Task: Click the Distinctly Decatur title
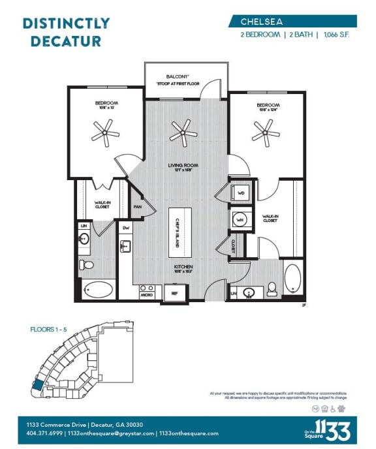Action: (65, 32)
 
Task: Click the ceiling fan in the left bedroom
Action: (106, 133)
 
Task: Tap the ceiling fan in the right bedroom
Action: (266, 133)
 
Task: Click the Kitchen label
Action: (183, 268)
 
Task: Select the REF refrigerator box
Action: (174, 293)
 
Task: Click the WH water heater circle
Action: (239, 220)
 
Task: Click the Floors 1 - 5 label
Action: (48, 329)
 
